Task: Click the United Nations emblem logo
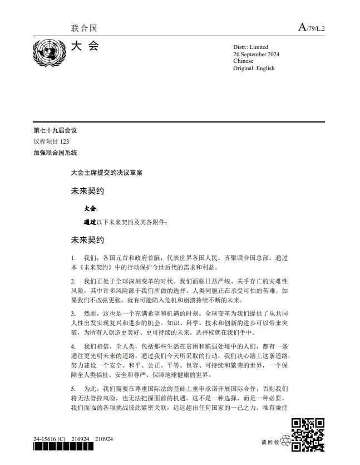point(49,53)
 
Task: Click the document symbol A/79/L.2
point(312,27)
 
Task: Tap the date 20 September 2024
point(256,54)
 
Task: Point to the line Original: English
point(254,68)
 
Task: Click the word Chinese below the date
point(243,61)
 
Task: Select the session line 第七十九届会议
point(55,130)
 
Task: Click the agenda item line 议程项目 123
point(51,141)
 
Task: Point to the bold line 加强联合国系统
point(55,153)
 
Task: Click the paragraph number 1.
point(73,258)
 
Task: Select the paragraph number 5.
point(73,388)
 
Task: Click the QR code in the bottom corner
point(308,434)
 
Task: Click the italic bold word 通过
point(88,222)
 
